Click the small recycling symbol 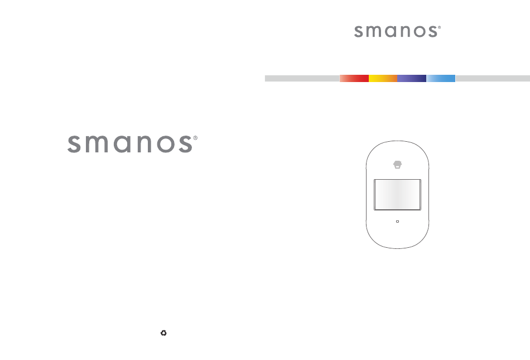point(163,333)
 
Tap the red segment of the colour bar point(354,79)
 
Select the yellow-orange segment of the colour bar point(383,79)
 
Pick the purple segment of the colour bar point(412,79)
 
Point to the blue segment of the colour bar point(441,79)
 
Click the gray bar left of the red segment point(302,79)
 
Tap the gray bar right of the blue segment point(493,79)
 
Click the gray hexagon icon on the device point(397,165)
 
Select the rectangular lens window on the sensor point(397,195)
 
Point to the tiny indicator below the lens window point(397,222)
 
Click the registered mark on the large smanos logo point(195,138)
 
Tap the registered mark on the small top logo point(440,27)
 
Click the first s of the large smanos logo point(74,145)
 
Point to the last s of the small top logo point(433,31)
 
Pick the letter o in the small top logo point(420,31)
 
